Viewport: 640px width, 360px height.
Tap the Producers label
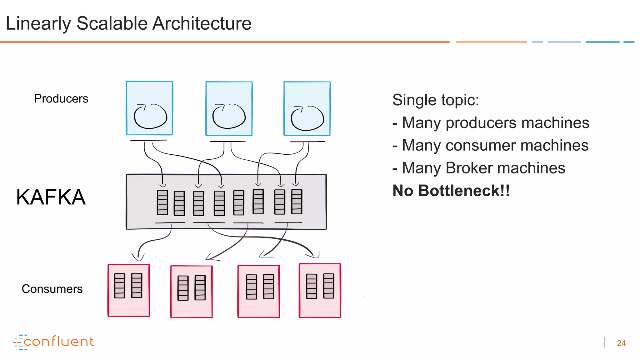click(x=61, y=99)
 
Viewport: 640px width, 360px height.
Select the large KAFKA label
click(x=51, y=197)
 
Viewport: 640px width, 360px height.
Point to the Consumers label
click(x=52, y=289)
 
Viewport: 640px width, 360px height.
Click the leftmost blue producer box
click(x=149, y=108)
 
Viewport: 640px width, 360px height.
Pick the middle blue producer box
click(x=229, y=108)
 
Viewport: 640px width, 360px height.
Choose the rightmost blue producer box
click(x=307, y=108)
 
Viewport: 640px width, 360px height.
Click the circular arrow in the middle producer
click(x=229, y=116)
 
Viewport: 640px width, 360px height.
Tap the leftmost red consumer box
click(x=129, y=291)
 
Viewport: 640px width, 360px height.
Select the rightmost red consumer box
click(x=320, y=291)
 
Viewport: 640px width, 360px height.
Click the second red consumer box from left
click(x=191, y=292)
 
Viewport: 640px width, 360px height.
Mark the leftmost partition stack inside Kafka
click(x=162, y=202)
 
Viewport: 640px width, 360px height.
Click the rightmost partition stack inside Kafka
click(x=297, y=202)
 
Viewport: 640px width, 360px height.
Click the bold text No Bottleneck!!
click(x=451, y=191)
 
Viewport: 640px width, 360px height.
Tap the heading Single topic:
click(x=435, y=100)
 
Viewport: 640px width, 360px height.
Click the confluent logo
click(x=53, y=342)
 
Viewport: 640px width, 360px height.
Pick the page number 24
click(x=621, y=343)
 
